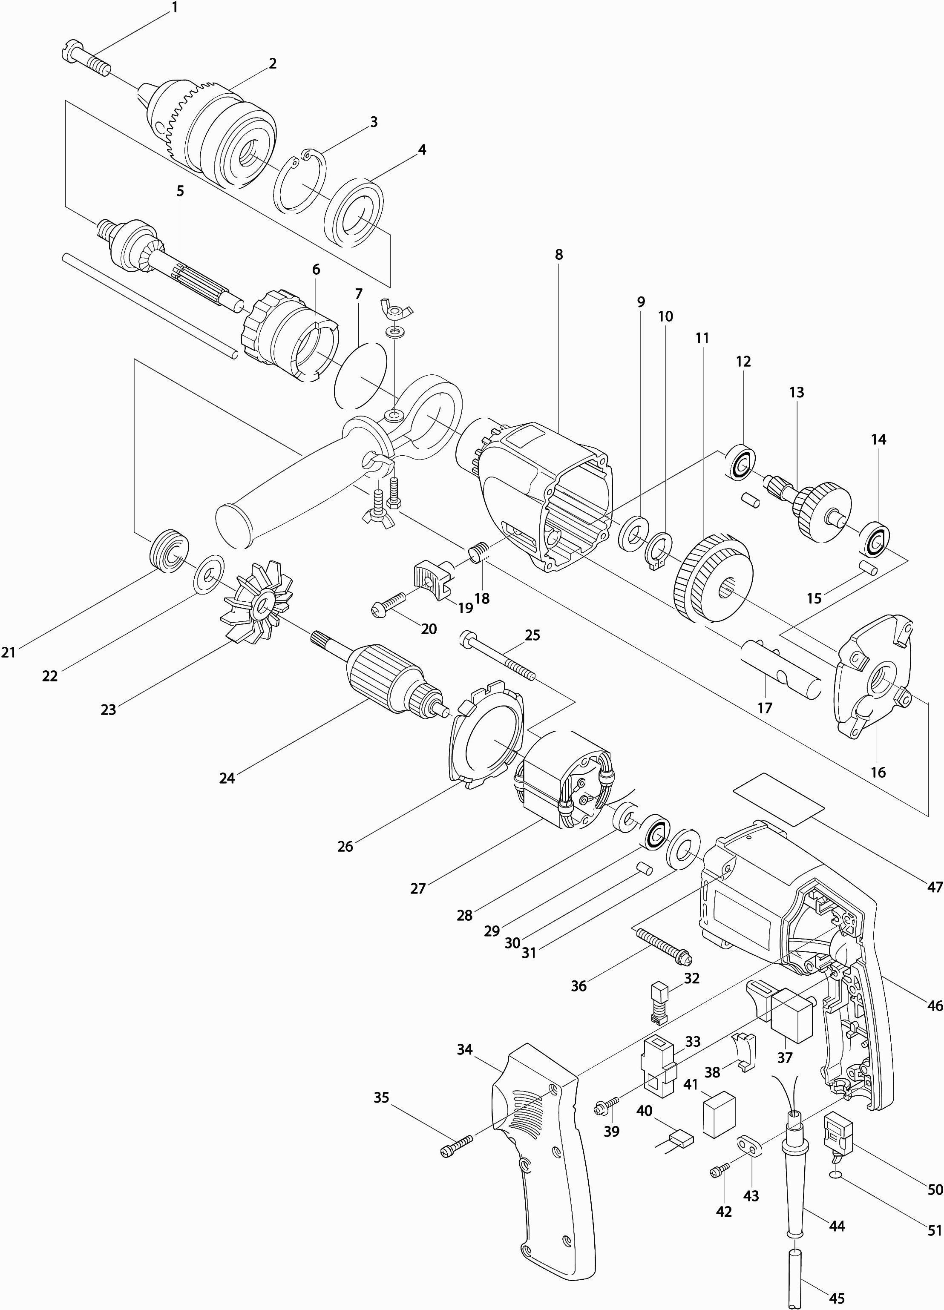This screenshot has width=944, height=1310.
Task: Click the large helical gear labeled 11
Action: (x=713, y=577)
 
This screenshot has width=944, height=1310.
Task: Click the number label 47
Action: (x=934, y=887)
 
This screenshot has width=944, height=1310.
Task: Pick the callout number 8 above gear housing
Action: (x=558, y=255)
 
